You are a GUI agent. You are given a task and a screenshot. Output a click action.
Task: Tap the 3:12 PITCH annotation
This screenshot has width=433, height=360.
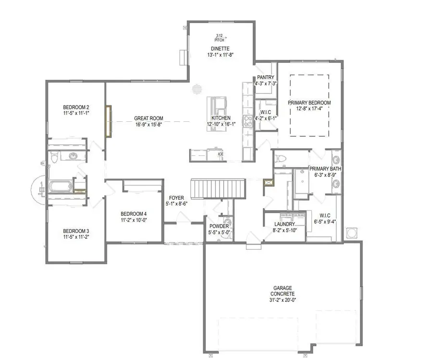(219, 38)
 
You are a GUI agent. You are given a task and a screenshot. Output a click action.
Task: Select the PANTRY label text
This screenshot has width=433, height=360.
(266, 77)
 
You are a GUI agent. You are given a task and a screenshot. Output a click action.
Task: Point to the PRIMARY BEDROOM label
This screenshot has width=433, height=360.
(309, 103)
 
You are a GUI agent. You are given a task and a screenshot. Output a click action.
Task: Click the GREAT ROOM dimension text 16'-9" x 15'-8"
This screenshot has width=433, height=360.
(149, 124)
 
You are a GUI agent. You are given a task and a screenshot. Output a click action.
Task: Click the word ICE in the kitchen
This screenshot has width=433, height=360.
(221, 154)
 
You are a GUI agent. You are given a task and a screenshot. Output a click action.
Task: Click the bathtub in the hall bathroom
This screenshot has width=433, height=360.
(57, 186)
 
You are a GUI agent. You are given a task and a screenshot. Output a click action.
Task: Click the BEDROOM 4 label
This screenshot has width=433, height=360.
(133, 214)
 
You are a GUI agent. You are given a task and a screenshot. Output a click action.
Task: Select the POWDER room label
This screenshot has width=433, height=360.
(219, 226)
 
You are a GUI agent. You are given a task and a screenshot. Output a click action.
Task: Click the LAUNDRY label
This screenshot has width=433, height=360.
(284, 224)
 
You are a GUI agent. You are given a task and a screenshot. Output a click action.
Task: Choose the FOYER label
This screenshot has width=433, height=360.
(176, 197)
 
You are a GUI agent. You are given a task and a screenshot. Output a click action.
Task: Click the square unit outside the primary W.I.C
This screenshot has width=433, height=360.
(352, 232)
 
